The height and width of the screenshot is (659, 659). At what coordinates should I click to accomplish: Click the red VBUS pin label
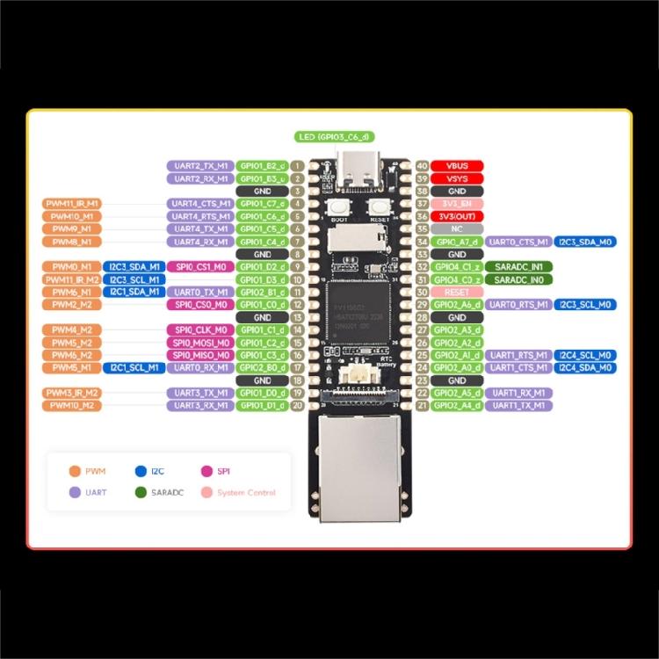457,165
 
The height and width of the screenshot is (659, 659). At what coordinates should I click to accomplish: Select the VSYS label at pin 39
457,178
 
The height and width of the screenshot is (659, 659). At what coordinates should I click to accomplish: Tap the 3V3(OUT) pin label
457,216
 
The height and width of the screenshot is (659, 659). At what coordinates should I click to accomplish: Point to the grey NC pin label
457,228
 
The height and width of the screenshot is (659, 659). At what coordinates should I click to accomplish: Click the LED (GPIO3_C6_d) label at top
334,136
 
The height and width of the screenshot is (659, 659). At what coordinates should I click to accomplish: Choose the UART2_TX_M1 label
199,165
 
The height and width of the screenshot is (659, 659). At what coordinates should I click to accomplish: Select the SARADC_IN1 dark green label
518,266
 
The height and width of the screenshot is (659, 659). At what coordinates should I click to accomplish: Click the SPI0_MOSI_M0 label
199,343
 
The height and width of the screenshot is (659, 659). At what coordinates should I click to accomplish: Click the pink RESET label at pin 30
457,292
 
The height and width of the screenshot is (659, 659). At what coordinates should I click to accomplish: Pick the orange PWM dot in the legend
76,472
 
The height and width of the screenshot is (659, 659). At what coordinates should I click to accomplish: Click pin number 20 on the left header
299,406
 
